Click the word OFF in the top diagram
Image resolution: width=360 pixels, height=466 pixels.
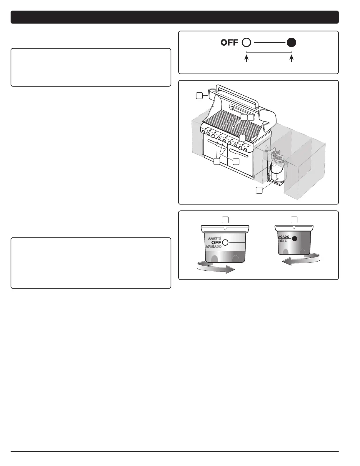point(229,43)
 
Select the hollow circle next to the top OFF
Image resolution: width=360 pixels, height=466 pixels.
point(246,43)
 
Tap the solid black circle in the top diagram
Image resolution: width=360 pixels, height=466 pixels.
point(291,43)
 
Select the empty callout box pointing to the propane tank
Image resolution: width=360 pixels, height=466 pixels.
point(259,190)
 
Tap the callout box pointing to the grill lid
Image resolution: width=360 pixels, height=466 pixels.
point(199,96)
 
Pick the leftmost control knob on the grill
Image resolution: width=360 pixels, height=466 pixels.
point(203,132)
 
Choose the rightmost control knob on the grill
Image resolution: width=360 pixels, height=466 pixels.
point(245,150)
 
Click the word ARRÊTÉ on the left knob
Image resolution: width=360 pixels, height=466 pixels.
point(214,238)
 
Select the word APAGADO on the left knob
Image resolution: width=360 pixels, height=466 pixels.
point(213,247)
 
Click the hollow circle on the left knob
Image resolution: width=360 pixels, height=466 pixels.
point(226,242)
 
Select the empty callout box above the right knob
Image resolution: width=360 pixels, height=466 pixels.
point(294,219)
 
